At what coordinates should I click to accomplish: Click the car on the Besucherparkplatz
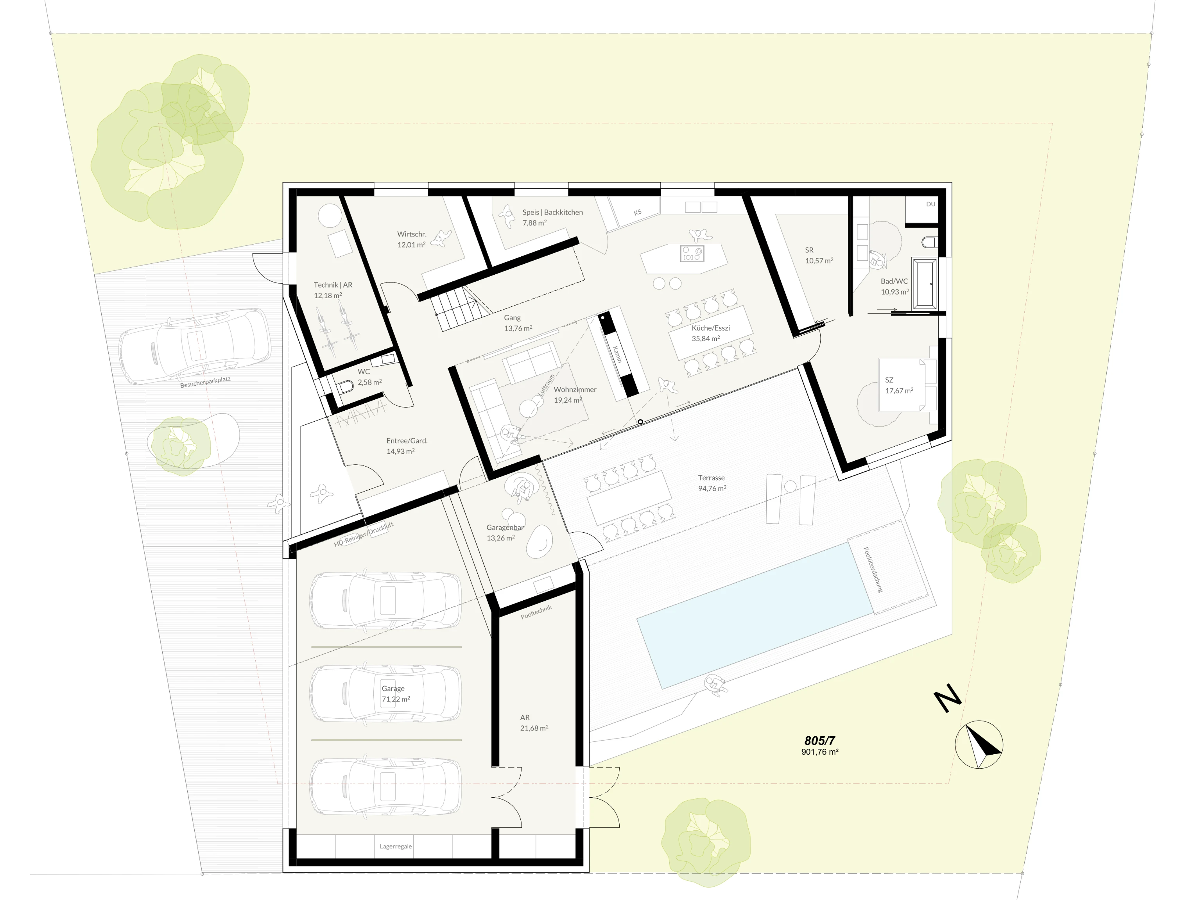tap(194, 346)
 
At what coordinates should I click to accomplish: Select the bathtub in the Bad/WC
tap(925, 283)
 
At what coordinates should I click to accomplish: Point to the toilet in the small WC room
tap(345, 386)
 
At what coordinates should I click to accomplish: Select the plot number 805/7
tap(819, 741)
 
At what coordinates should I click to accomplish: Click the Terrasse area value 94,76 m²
tap(712, 488)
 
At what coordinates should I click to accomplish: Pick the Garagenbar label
tap(505, 527)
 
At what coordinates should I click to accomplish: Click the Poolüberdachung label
tap(873, 569)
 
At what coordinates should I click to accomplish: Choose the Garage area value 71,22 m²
tap(396, 699)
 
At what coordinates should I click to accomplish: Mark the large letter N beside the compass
tap(947, 699)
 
